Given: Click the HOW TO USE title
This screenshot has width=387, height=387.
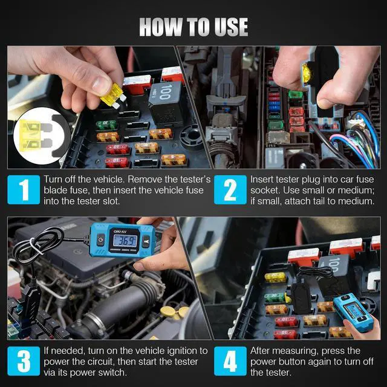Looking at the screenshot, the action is click(193, 27).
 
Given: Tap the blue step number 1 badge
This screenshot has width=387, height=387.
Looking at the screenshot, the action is click(24, 189).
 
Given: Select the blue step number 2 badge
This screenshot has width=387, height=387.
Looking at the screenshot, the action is click(230, 189).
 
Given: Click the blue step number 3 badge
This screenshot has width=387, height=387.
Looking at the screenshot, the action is click(24, 361).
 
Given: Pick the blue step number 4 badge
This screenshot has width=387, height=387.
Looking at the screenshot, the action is click(230, 361).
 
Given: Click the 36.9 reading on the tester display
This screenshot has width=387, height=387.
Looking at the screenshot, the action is click(125, 241).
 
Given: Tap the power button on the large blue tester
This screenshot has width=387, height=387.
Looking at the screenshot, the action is click(100, 240).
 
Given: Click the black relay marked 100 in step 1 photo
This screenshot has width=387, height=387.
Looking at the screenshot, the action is click(166, 103).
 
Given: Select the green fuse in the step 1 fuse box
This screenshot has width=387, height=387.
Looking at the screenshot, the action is click(106, 125).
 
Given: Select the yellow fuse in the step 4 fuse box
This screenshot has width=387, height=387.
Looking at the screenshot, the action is click(275, 278).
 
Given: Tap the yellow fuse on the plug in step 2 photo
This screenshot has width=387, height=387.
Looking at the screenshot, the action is click(307, 73).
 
